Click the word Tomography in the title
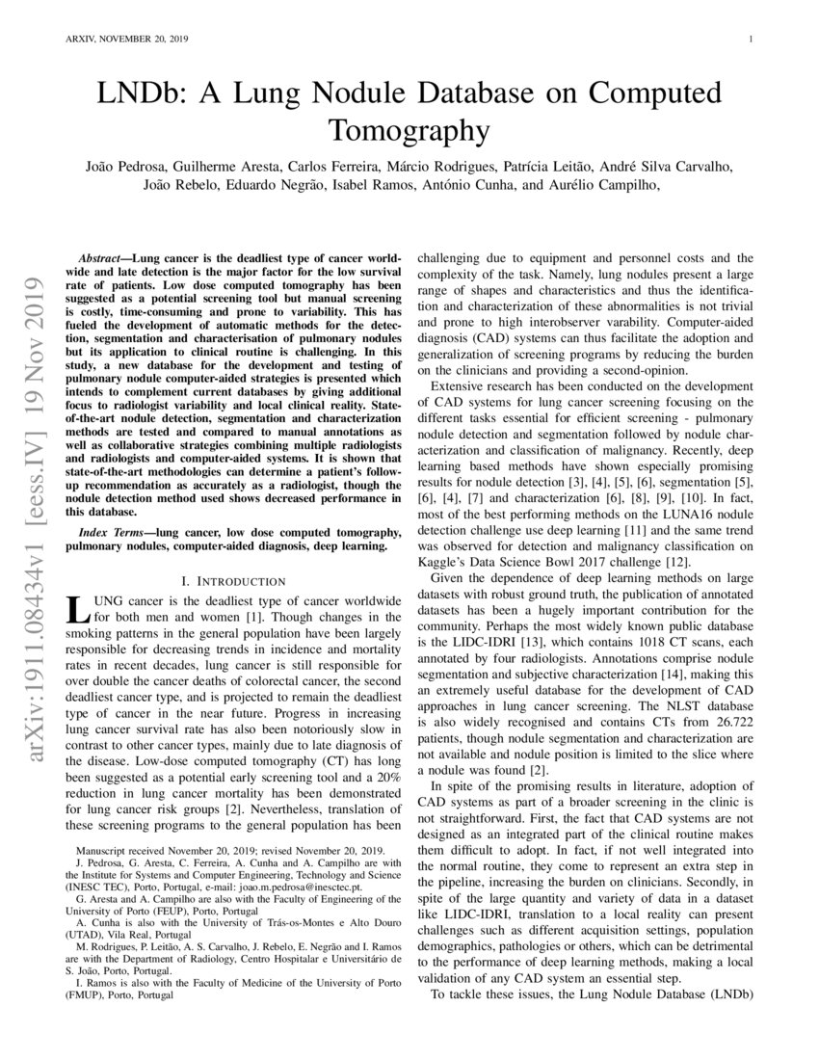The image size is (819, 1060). point(409,129)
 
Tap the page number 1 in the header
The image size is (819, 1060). point(749,40)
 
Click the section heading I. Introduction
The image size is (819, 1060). point(233,581)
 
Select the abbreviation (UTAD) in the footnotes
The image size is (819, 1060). point(85,935)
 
